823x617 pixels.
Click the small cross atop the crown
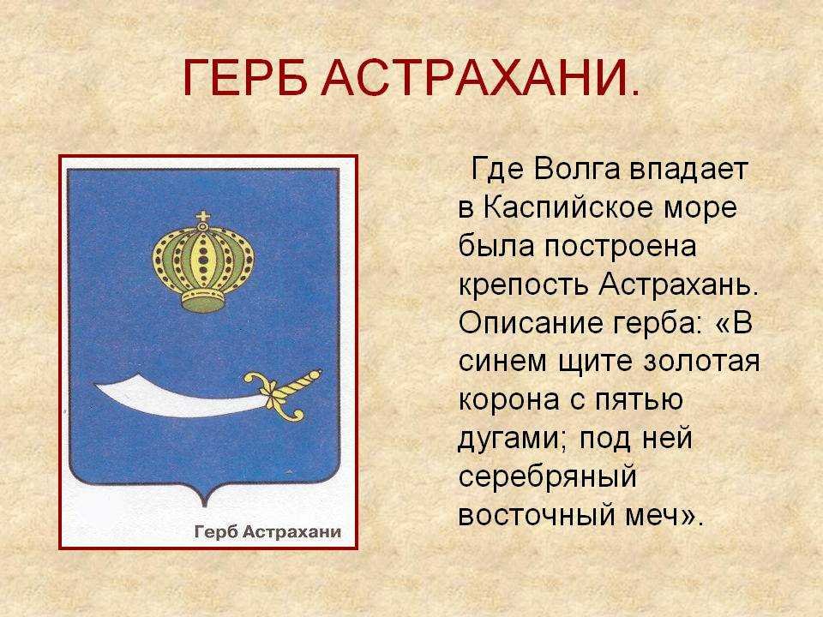point(202,217)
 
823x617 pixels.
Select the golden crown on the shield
point(202,262)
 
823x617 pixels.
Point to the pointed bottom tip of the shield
point(204,506)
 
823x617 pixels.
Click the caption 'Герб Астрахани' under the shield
point(267,531)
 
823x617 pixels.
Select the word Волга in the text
point(576,170)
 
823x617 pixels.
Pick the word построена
point(620,248)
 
